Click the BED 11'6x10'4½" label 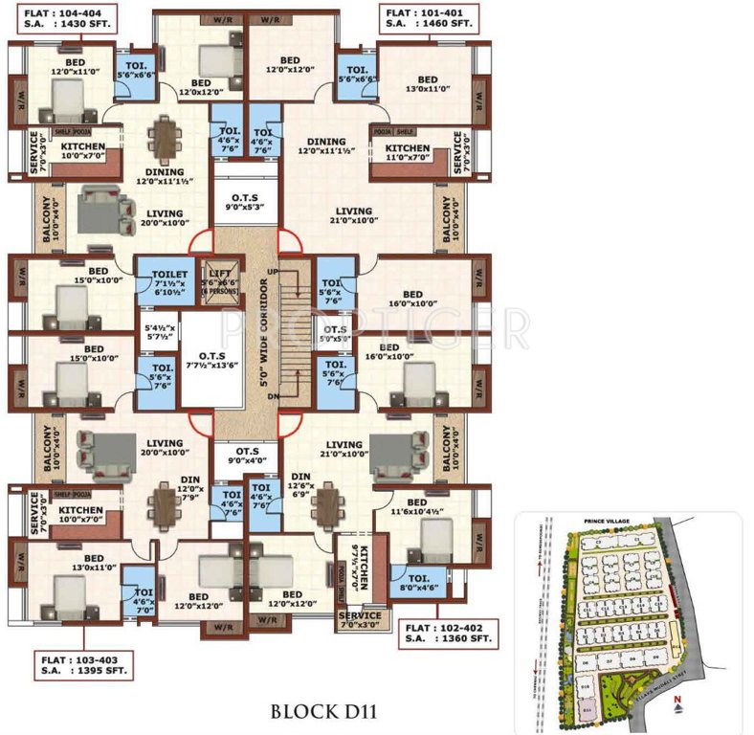point(417,508)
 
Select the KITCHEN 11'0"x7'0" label point(408,152)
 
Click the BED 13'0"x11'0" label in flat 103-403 point(93,564)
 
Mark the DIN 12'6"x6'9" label point(302,484)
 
